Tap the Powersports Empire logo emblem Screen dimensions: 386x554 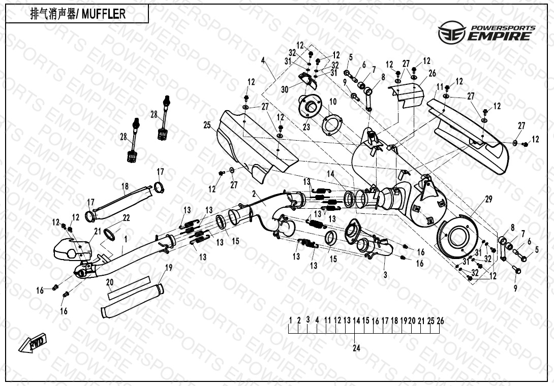pyautogui.click(x=452, y=33)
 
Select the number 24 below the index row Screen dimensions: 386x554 pyautogui.click(x=356, y=348)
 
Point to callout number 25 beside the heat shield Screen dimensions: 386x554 pyautogui.click(x=207, y=125)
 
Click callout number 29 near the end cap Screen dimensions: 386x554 pyautogui.click(x=488, y=200)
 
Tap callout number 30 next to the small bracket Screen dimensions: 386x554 pyautogui.click(x=285, y=90)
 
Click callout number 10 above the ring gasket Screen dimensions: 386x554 pyautogui.click(x=332, y=102)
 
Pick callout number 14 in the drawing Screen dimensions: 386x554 pyautogui.click(x=331, y=174)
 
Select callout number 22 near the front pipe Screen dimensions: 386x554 pyautogui.click(x=126, y=217)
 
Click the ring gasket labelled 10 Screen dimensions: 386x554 pyautogui.click(x=333, y=124)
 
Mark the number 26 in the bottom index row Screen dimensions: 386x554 pyautogui.click(x=440, y=320)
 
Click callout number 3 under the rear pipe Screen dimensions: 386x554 pyautogui.click(x=385, y=275)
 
